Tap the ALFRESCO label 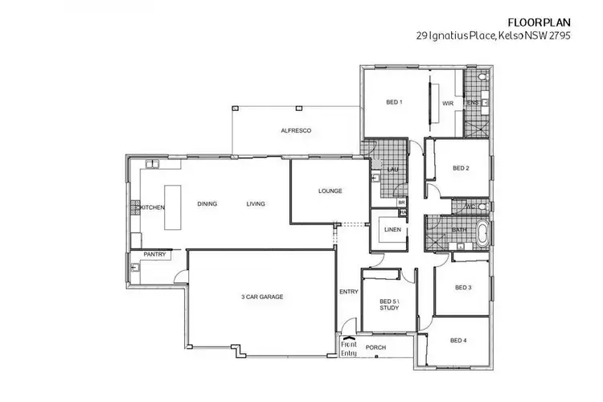296,130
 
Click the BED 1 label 394,102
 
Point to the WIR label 448,103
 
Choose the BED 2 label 460,168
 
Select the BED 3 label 462,287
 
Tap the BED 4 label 458,341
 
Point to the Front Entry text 349,347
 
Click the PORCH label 376,348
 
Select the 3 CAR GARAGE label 262,297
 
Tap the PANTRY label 154,255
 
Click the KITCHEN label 153,207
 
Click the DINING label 207,203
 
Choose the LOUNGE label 330,191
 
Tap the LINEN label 392,231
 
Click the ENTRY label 349,292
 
